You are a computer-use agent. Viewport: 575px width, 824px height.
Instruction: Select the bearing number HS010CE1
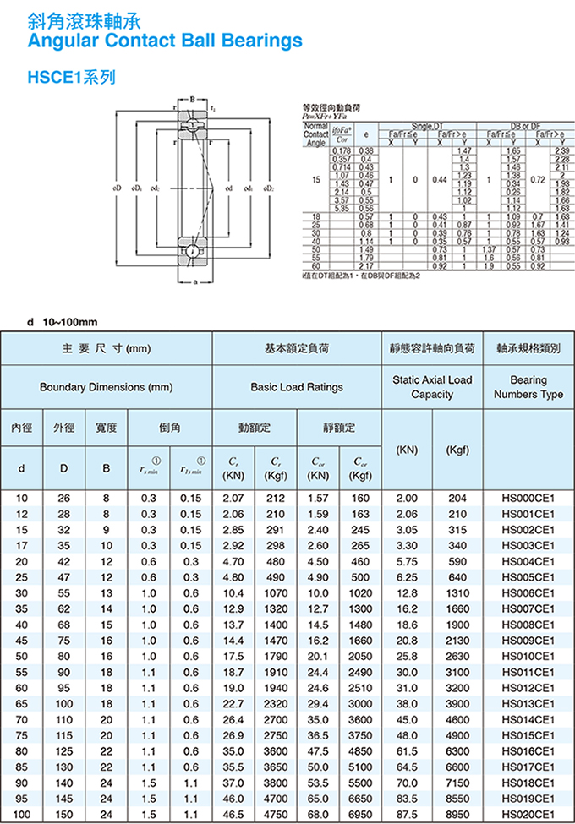tap(528, 655)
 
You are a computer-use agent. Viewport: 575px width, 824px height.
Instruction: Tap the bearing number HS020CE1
tap(528, 815)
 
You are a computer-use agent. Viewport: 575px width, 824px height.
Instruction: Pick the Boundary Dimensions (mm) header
tap(106, 387)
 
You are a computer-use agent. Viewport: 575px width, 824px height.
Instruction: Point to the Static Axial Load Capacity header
tap(432, 387)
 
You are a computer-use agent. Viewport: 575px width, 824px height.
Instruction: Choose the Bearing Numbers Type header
tap(528, 387)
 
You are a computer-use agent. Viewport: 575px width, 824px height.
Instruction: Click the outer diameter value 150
tap(63, 815)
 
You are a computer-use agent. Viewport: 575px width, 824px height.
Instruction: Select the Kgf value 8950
tap(457, 815)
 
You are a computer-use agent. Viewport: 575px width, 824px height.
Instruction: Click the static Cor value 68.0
tap(318, 815)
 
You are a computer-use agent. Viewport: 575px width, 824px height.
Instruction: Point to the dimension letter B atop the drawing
tap(194, 101)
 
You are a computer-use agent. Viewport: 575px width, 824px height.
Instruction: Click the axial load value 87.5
tap(407, 815)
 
